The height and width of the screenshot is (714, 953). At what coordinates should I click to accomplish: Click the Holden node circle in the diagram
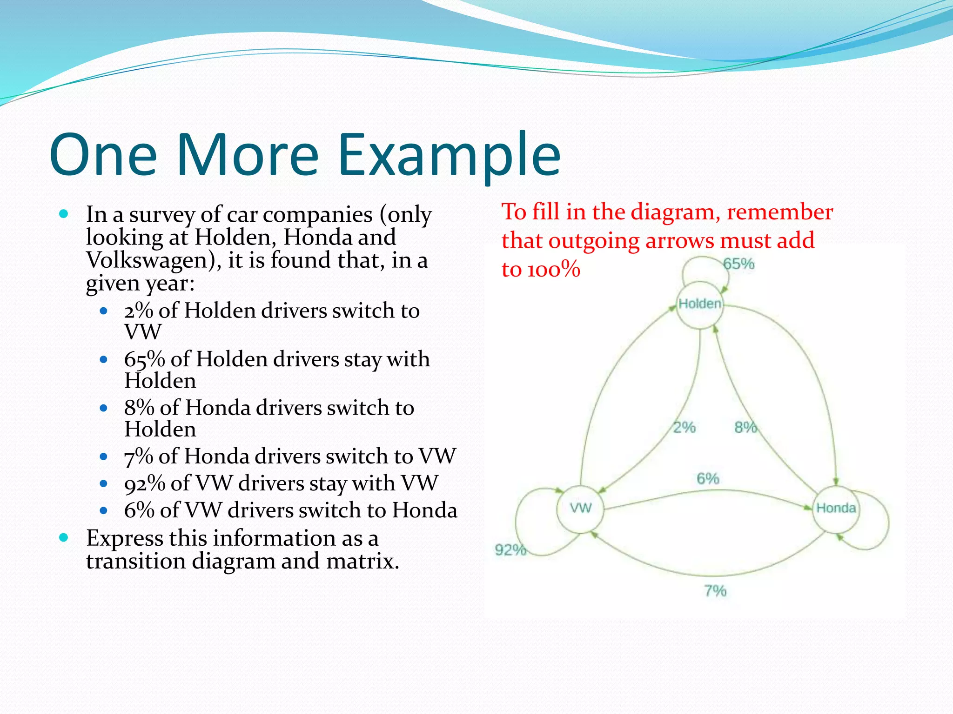(x=700, y=304)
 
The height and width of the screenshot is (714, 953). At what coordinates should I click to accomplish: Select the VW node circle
(x=581, y=509)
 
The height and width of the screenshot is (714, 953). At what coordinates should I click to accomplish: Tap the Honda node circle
(x=836, y=509)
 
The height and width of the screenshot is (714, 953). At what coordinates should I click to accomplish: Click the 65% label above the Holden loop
(x=738, y=264)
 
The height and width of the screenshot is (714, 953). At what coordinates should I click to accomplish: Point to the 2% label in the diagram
(x=684, y=427)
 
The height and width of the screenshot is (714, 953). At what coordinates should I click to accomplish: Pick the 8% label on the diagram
(x=745, y=427)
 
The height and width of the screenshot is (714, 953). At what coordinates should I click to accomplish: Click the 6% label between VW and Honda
(x=708, y=478)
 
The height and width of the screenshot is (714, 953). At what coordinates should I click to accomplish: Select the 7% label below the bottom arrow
(x=715, y=591)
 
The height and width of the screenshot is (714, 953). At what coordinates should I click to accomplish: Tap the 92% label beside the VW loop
(x=510, y=550)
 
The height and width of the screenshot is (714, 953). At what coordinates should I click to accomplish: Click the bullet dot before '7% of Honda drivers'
(x=104, y=457)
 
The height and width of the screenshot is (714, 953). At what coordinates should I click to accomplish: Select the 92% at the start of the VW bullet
(x=144, y=483)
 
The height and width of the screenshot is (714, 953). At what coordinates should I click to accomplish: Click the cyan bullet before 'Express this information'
(x=64, y=538)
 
